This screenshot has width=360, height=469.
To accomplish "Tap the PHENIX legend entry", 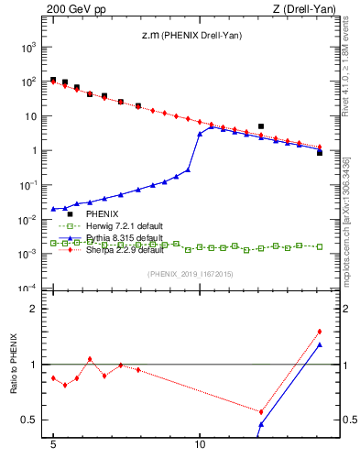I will [x=91, y=214].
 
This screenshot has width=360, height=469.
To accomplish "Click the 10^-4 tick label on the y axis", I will [x=30, y=289].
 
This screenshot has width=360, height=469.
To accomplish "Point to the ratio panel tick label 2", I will [x=37, y=309].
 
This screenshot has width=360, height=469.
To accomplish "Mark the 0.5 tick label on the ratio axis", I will [x=32, y=420].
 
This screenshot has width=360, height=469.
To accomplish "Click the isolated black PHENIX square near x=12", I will [x=261, y=126].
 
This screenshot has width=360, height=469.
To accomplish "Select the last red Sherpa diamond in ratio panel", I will [x=319, y=332].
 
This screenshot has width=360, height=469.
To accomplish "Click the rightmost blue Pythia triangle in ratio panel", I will [x=319, y=344].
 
